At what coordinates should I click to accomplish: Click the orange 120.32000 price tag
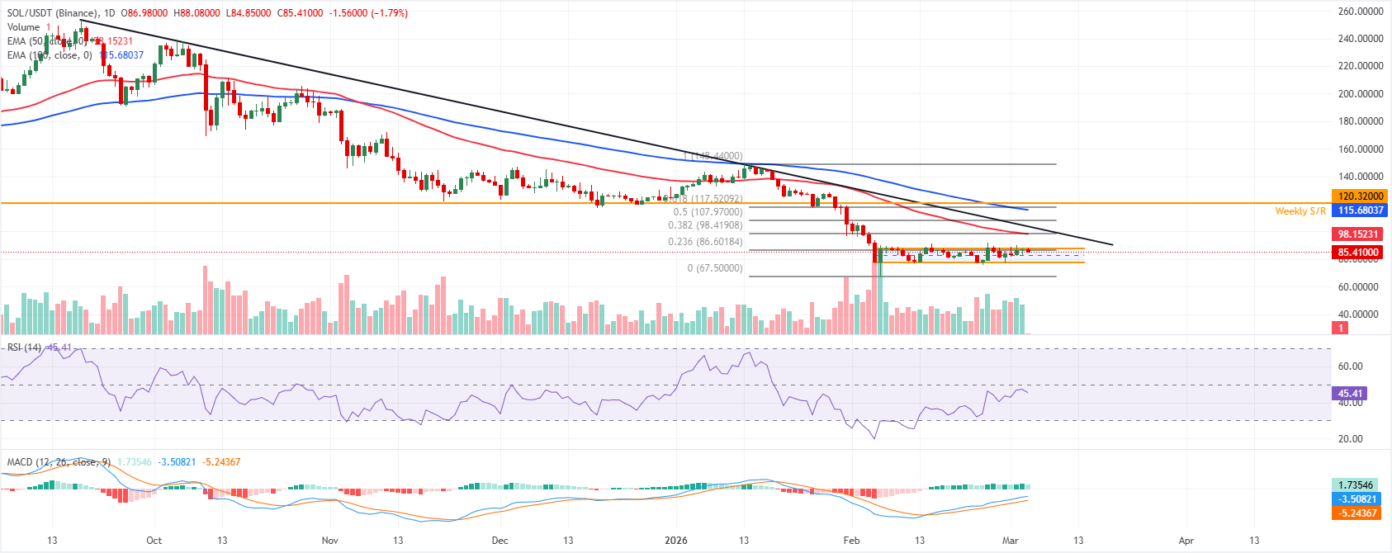tap(1359, 196)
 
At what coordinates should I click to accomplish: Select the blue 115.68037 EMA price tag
tap(1359, 210)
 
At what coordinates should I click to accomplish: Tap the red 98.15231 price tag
tap(1359, 234)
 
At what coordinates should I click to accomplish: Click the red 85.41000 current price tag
tap(1359, 253)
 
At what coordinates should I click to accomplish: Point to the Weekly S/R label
tap(1300, 211)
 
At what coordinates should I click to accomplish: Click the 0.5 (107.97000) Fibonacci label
tap(708, 212)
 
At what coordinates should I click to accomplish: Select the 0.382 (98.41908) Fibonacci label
tap(705, 225)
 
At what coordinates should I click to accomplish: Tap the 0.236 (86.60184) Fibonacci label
tap(705, 242)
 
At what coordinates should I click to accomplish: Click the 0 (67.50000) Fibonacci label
tap(715, 268)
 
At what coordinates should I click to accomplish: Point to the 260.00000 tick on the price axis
tap(1360, 12)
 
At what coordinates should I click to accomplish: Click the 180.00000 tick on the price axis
tap(1360, 121)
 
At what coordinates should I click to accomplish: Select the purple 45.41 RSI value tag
tap(1350, 394)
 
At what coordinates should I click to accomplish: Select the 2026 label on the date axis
tap(676, 541)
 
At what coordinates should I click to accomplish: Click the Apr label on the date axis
tap(1186, 541)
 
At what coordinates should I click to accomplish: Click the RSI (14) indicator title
tap(24, 347)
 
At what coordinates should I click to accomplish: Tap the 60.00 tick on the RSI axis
tap(1351, 366)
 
